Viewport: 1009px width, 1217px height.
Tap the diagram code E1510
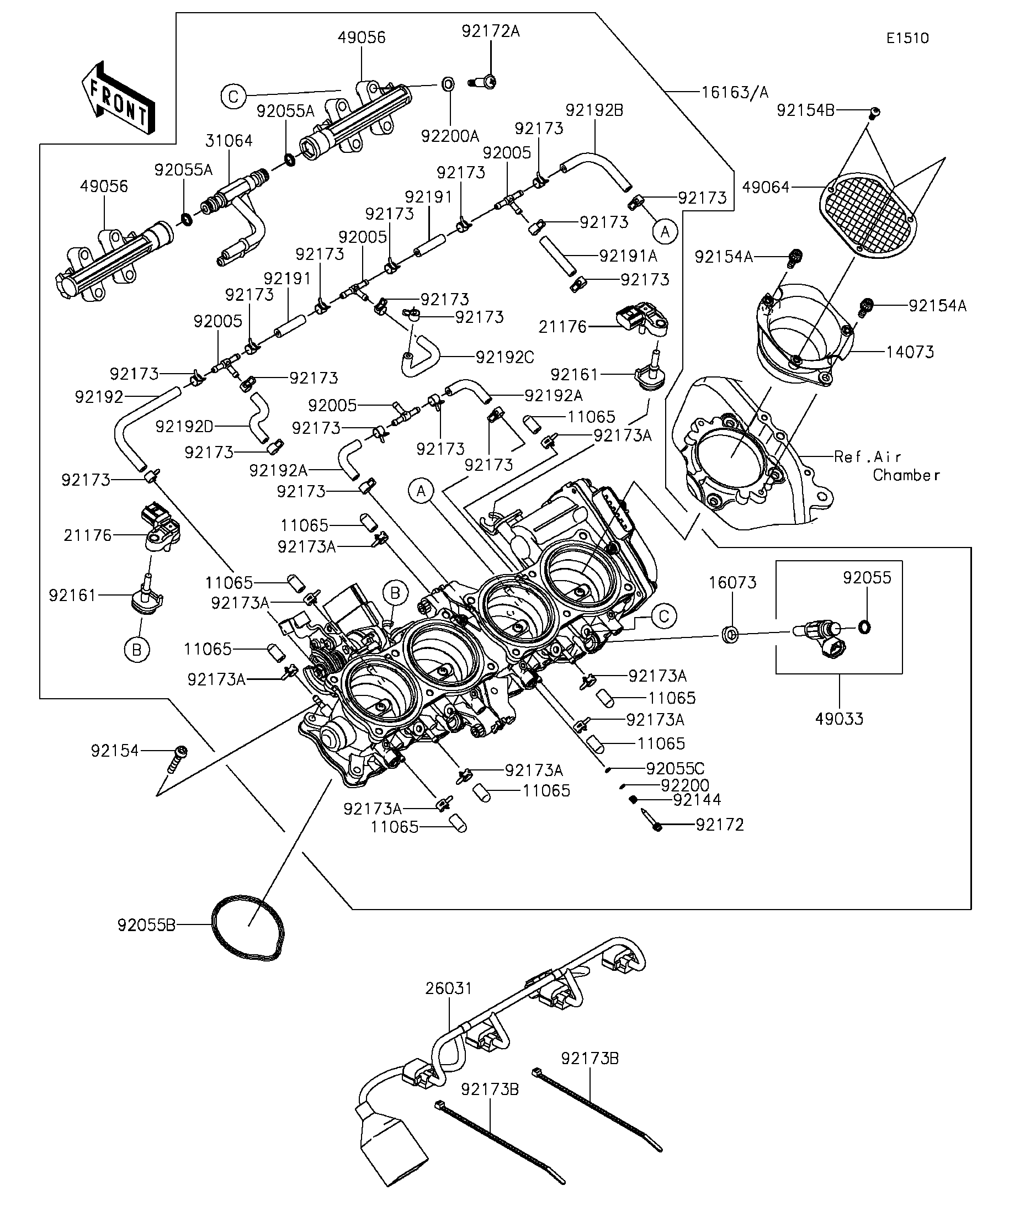pos(907,38)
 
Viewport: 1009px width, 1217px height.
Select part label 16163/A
pos(735,92)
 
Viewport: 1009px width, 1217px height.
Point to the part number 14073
pos(910,352)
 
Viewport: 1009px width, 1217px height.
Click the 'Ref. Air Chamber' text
pos(886,466)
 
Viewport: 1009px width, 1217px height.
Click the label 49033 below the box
pos(839,719)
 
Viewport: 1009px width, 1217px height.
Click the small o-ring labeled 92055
pos(863,626)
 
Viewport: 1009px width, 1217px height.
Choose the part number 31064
pos(229,141)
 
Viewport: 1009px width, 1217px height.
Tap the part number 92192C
pos(505,358)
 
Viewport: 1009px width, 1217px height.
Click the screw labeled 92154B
pos(875,113)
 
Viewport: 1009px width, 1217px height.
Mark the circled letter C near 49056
pos(233,97)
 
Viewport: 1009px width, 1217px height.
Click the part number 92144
pos(697,800)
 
